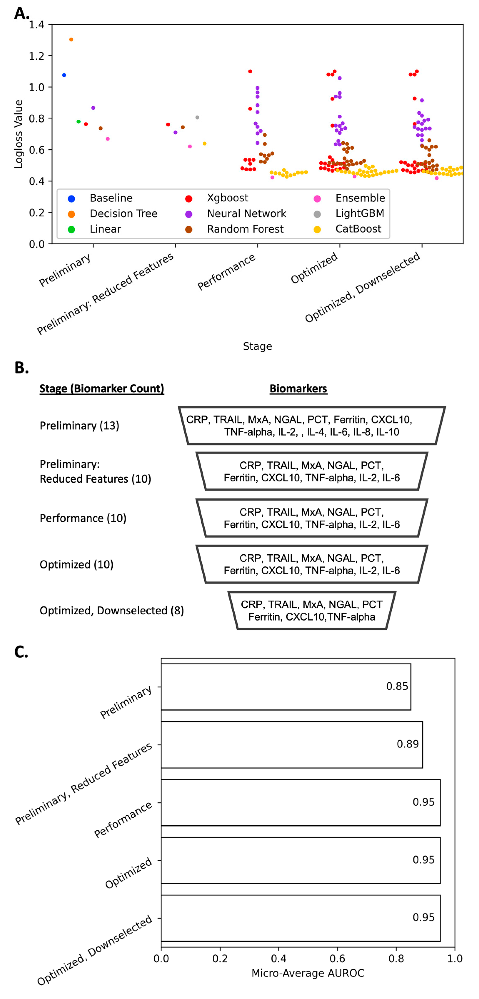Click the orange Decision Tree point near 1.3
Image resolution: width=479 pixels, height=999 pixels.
(71, 40)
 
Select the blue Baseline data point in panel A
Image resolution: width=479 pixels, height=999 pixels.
(64, 75)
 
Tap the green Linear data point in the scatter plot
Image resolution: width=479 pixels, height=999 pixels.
(78, 122)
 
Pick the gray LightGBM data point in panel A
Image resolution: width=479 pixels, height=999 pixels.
(197, 118)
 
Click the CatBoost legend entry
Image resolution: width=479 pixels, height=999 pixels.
(358, 229)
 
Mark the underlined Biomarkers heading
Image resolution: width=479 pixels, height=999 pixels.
(298, 389)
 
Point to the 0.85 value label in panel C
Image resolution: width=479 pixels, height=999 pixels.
(397, 686)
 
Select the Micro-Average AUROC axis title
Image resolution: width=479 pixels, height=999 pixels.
(308, 973)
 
